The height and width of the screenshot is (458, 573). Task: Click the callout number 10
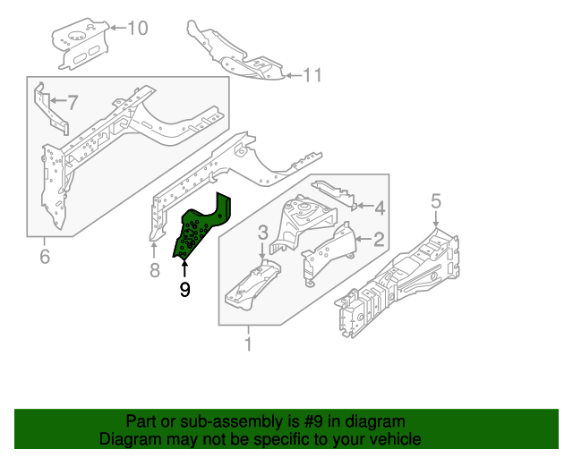click(137, 29)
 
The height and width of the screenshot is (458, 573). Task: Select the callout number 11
click(311, 75)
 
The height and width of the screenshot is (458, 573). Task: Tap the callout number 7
click(73, 101)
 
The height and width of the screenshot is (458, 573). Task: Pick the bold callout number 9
click(184, 289)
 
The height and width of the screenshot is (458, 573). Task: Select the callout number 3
click(262, 233)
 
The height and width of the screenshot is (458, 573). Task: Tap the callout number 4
click(380, 208)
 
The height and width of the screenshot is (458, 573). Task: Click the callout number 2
click(379, 239)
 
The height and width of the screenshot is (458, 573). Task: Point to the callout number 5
click(436, 201)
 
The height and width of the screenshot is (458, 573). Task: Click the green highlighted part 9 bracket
click(199, 231)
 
